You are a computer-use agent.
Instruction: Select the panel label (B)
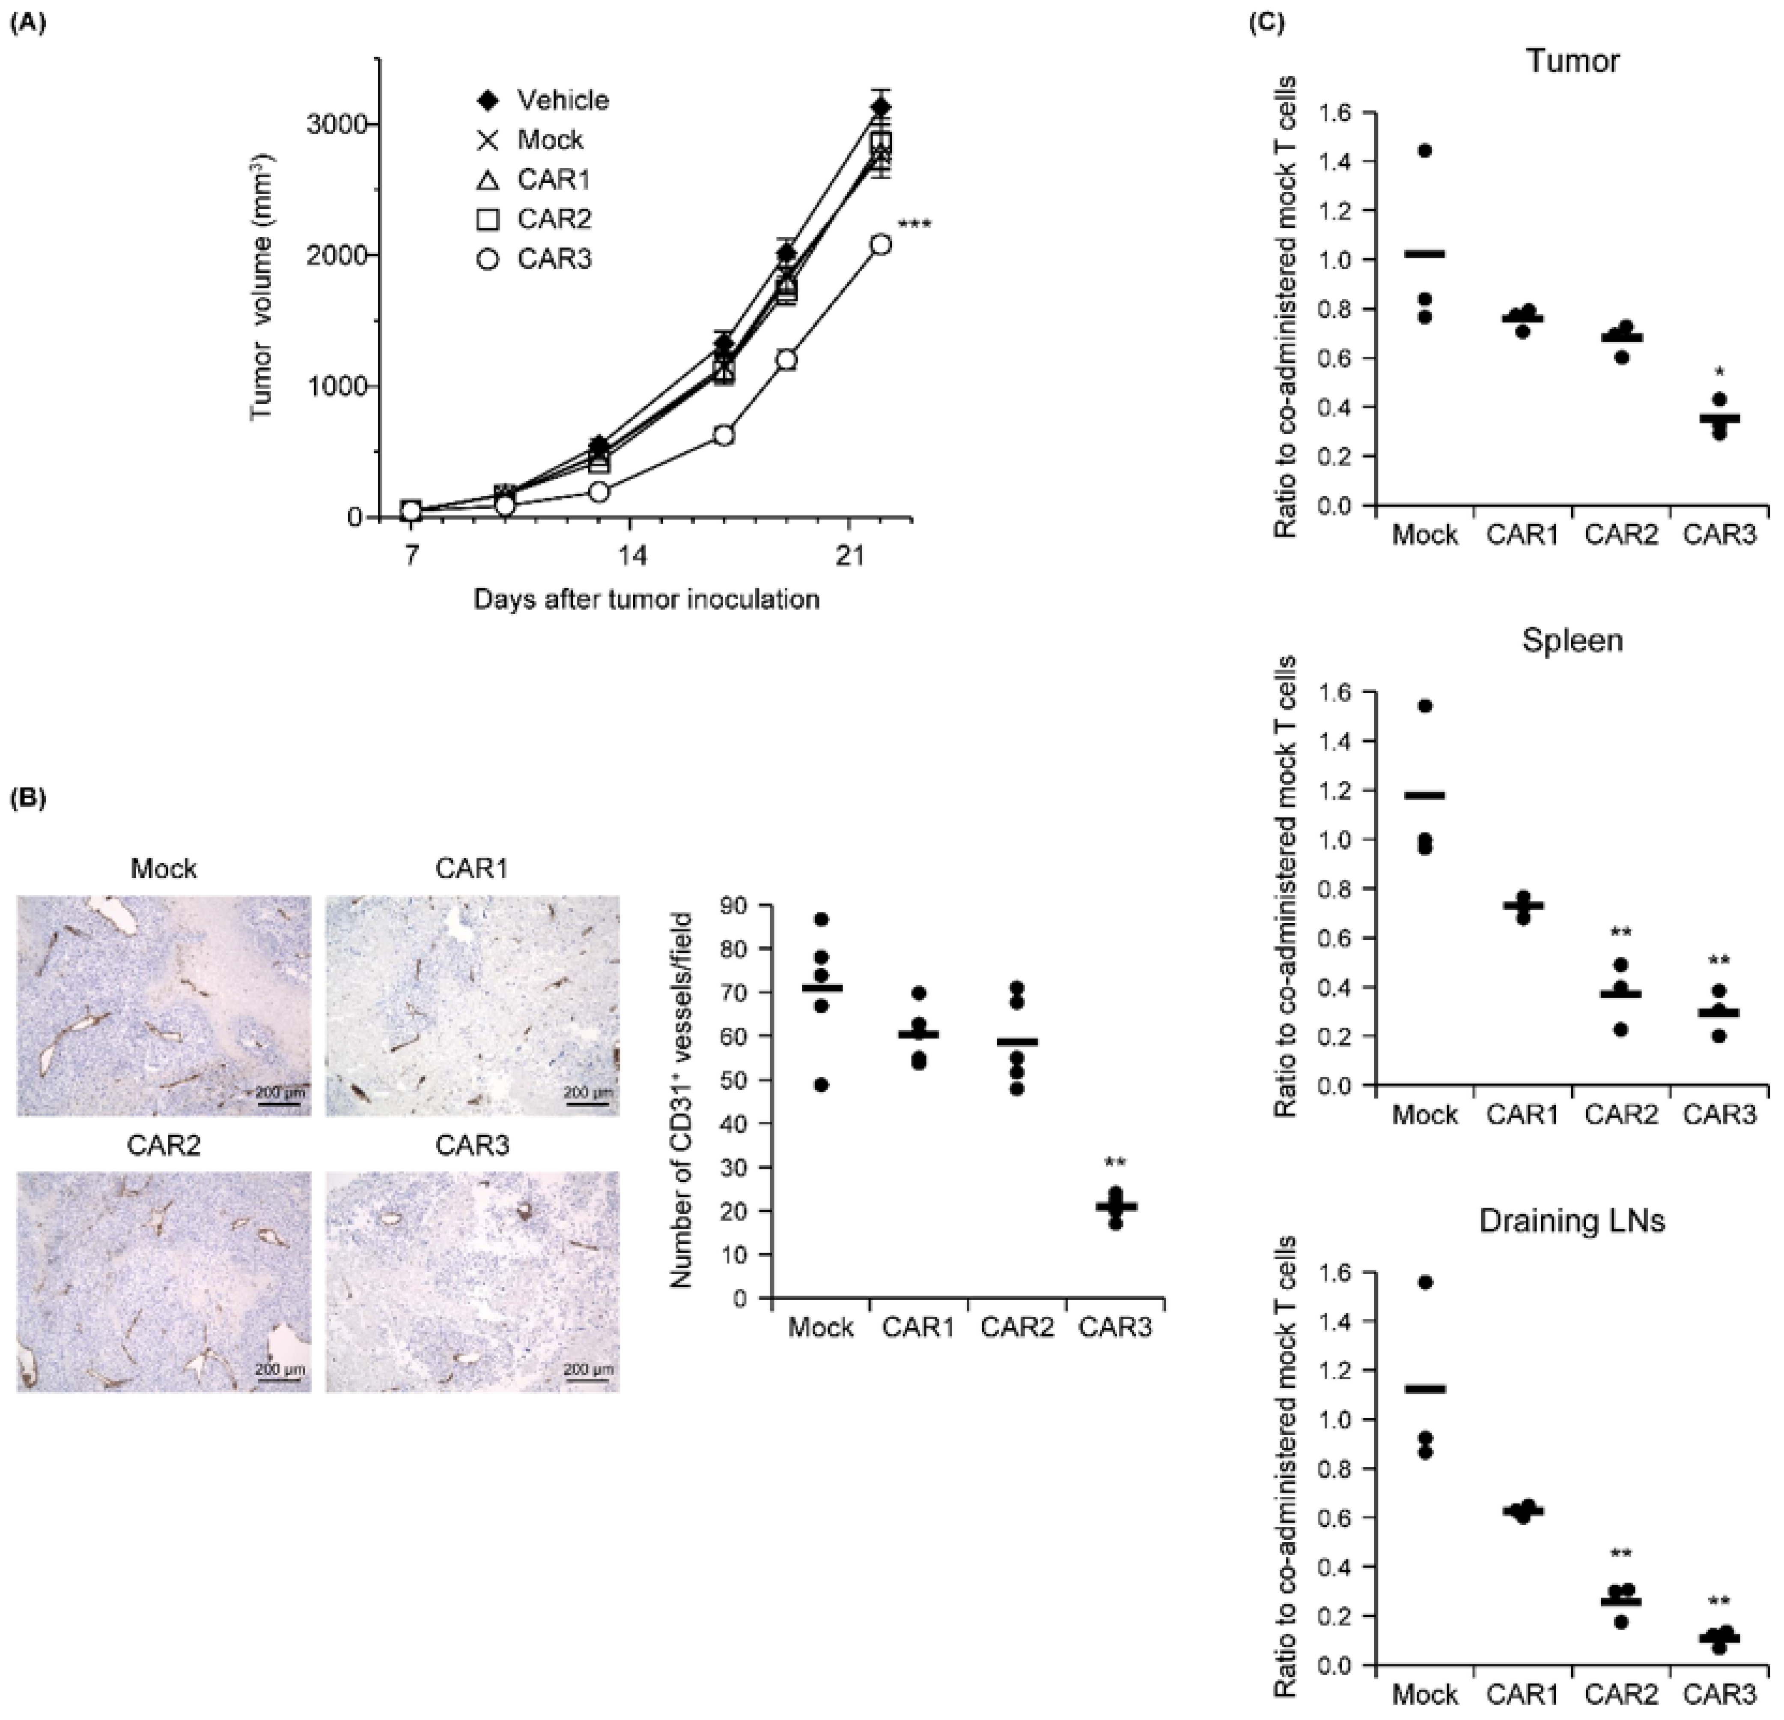27,798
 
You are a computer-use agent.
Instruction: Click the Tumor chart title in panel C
1572,61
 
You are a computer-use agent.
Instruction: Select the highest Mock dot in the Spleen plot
1425,706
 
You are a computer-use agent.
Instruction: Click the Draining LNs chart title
1572,1220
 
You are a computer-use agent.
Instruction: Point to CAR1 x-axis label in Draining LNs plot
1523,1694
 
